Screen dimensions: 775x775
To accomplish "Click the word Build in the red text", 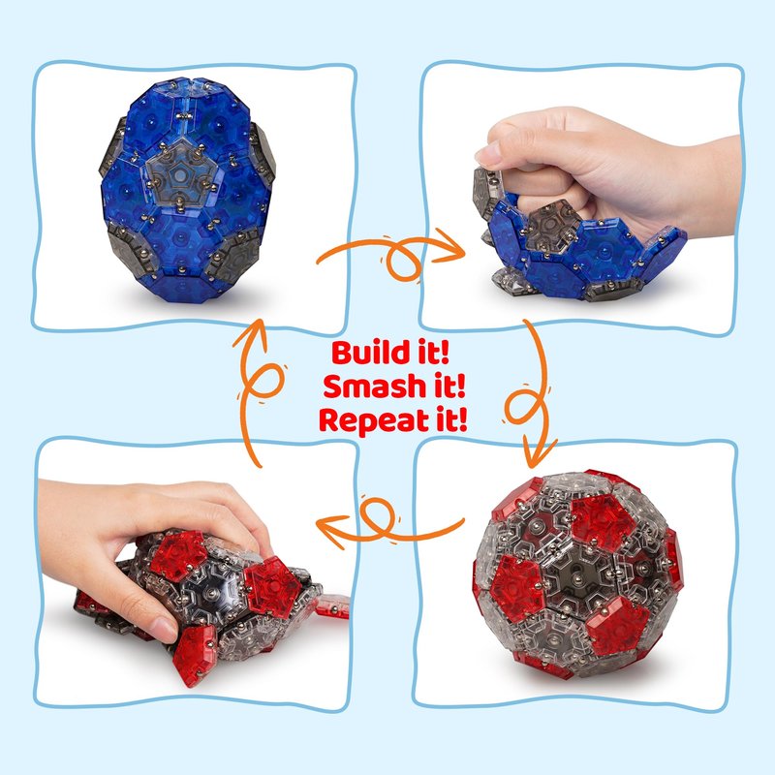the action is (x=367, y=352).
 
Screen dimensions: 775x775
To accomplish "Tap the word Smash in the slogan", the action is (x=374, y=386).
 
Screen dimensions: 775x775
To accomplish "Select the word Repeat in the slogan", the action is (x=374, y=420).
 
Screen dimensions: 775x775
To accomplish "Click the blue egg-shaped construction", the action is (x=188, y=190).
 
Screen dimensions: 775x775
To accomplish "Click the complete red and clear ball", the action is (x=578, y=573).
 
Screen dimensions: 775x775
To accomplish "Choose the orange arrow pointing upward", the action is (x=258, y=390).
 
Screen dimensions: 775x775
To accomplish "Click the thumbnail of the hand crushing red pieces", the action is (x=195, y=573).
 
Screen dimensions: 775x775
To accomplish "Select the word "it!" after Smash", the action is (x=449, y=386).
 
